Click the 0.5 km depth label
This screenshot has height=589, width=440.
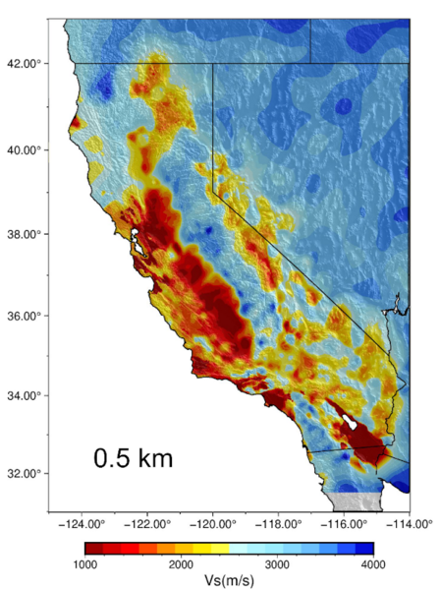tap(134, 457)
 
